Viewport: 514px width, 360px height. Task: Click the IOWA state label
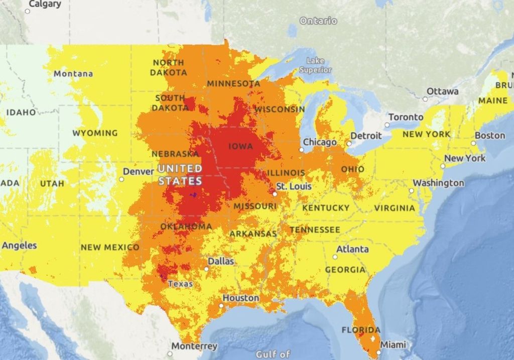[x=240, y=146]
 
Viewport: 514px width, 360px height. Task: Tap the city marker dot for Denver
[x=121, y=179]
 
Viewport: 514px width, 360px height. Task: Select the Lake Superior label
[x=315, y=66]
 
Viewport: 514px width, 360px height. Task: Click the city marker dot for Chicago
[x=302, y=150]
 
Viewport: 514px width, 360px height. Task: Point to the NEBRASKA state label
[x=175, y=154]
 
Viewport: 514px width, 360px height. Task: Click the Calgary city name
[x=45, y=4]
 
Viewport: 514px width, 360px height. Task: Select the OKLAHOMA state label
[x=186, y=226]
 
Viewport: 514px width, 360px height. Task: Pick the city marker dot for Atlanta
[x=335, y=257]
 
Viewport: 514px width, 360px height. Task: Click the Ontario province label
[x=318, y=21]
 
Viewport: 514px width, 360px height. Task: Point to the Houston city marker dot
[x=221, y=305]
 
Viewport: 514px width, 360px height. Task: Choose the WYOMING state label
[x=95, y=133]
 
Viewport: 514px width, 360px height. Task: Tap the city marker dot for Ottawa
[x=425, y=99]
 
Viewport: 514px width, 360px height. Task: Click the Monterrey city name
[x=194, y=346]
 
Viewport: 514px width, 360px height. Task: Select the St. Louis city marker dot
[x=275, y=193]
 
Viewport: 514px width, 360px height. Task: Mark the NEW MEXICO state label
[x=110, y=247]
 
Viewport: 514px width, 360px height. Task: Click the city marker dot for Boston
[x=473, y=143]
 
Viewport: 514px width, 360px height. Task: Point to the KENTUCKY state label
[x=326, y=207]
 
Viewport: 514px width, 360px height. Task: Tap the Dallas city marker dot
[x=206, y=269]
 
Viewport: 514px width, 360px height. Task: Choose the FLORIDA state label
[x=361, y=330]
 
